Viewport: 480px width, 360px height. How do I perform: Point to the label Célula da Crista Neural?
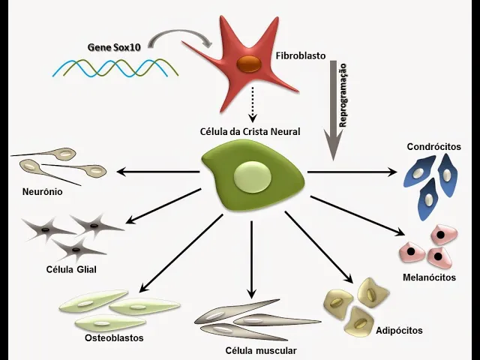[x=250, y=131]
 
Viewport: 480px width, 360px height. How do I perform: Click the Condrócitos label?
[x=433, y=146]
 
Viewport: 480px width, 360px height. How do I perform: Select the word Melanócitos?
[x=428, y=277]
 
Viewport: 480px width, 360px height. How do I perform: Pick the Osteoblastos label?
[x=114, y=337]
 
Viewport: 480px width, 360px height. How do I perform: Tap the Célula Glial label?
[x=71, y=268]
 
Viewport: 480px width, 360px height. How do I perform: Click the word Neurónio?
[x=42, y=192]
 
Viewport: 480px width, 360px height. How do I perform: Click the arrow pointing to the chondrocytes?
[x=352, y=172]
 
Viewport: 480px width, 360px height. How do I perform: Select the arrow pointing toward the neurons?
[x=154, y=173]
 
